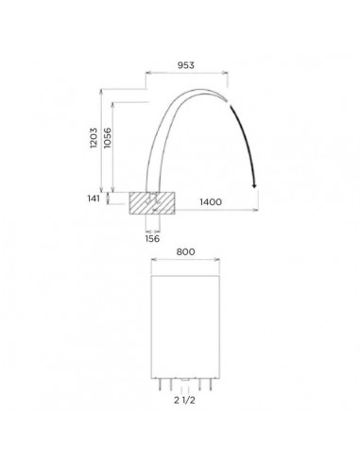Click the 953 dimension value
pos(186,65)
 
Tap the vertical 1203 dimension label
pos(94,138)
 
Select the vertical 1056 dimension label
pos(108,138)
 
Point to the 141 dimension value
pos(94,198)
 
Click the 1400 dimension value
pos(211,202)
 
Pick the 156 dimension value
pos(152,238)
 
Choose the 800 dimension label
pos(185,251)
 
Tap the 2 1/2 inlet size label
pos(184,400)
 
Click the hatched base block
pos(152,203)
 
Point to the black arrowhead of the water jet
pos(254,186)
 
